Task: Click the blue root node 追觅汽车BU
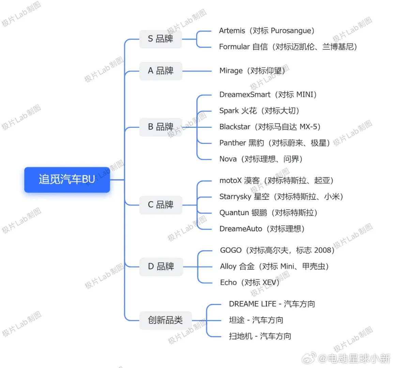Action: point(67,180)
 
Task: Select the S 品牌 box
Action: point(161,39)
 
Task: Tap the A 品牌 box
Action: point(161,71)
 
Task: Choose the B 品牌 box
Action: point(161,127)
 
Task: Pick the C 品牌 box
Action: point(161,205)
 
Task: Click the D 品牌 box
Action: point(161,266)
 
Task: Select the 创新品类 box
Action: point(166,320)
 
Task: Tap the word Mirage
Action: point(231,71)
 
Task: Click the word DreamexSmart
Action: point(245,95)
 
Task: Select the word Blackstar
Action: point(235,127)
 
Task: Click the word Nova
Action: point(228,159)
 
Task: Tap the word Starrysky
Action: point(235,197)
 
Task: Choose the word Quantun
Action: point(234,213)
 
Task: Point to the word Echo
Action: point(228,282)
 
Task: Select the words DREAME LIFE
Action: point(253,304)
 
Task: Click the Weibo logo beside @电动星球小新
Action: point(309,358)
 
